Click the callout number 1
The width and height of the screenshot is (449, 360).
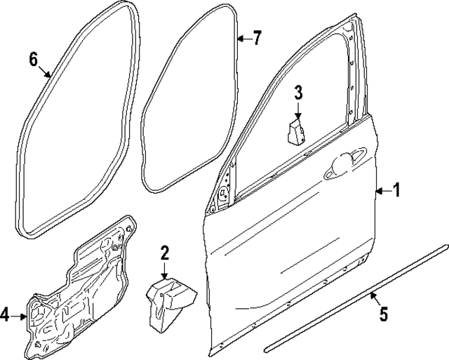tap(397, 189)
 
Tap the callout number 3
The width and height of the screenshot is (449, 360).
tap(297, 91)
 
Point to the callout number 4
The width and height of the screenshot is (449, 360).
tap(6, 316)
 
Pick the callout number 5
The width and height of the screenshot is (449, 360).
tap(383, 315)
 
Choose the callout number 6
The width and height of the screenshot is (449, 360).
tap(33, 59)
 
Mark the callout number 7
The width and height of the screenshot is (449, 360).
tap(257, 38)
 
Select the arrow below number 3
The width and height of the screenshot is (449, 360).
tap(297, 109)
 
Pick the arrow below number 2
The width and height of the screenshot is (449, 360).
tap(165, 271)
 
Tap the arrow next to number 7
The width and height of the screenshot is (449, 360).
tap(243, 38)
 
